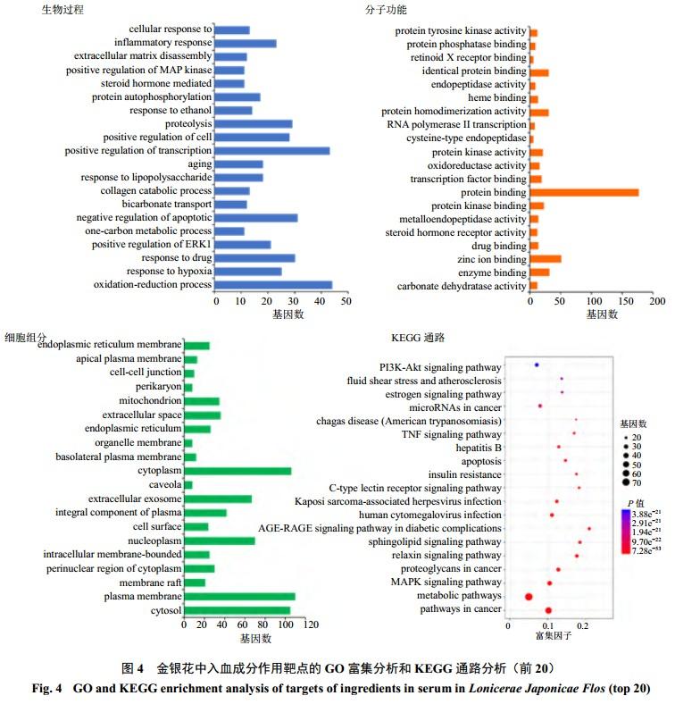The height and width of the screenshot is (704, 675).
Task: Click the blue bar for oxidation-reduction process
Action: point(273,285)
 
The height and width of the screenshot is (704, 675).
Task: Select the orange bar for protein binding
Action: point(584,192)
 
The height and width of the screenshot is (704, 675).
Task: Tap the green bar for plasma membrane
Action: point(238,596)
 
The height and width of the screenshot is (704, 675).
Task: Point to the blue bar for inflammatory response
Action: point(246,43)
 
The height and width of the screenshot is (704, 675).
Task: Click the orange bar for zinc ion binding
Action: point(546,259)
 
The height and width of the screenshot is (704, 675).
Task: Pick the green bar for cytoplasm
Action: point(237,471)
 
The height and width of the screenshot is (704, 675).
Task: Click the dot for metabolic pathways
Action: point(529,596)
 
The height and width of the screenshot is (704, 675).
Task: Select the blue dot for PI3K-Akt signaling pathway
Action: point(537,365)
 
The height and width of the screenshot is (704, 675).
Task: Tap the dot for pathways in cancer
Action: point(548,610)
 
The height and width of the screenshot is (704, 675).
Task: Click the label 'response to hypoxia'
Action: point(169,272)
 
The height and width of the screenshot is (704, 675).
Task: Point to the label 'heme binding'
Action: point(497,98)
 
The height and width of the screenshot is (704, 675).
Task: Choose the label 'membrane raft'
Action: point(151,582)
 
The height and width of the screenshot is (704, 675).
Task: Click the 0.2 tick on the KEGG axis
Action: point(583,626)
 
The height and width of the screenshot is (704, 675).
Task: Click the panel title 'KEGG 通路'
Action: point(417,338)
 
